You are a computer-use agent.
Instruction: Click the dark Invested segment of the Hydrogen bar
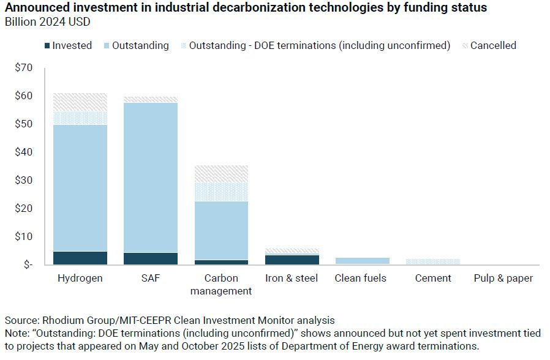pos(81,258)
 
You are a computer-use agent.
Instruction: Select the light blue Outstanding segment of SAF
pos(151,178)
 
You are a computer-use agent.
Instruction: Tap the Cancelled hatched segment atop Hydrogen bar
pos(81,102)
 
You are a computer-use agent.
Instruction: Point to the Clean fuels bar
pos(362,261)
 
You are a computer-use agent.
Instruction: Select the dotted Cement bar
pos(432,261)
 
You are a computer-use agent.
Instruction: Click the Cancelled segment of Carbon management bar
pos(221,173)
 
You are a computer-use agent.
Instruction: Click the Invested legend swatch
pos(47,45)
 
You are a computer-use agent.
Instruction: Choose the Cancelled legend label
pos(493,45)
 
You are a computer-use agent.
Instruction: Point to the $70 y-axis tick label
pos(23,67)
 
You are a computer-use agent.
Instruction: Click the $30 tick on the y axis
pos(23,180)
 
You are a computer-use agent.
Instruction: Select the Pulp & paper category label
pos(503,278)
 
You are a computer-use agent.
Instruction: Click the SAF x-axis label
pos(151,278)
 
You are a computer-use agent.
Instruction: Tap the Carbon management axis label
pos(221,284)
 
